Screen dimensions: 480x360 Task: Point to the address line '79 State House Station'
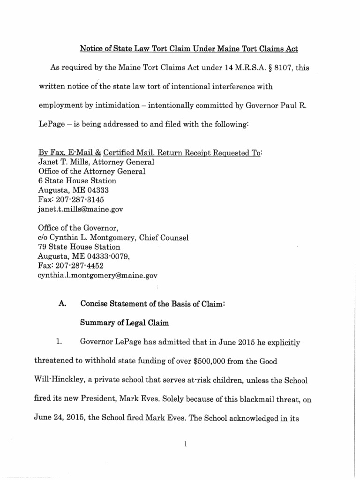tap(79, 247)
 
